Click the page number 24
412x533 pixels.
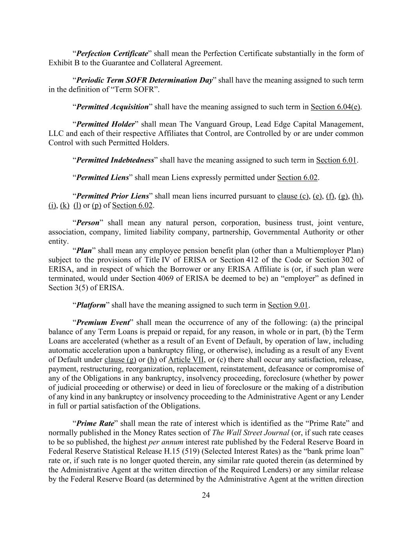tap(206, 496)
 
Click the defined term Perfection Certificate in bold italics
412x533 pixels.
tap(112, 53)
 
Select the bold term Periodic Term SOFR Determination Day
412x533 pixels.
tap(144, 80)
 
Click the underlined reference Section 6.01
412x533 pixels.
tap(336, 160)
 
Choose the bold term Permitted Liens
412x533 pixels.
tap(102, 178)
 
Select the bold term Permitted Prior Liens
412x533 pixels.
tap(112, 196)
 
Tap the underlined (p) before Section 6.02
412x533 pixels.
tap(96, 205)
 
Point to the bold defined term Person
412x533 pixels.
tap(88, 223)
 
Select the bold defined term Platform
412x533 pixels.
tap(91, 305)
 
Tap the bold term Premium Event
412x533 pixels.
tap(103, 323)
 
